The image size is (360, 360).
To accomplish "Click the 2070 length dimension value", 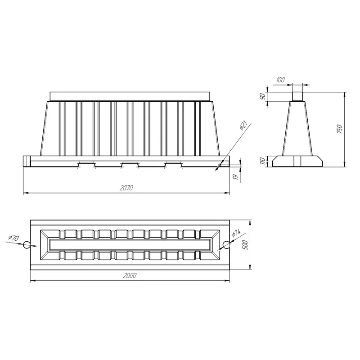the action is pyautogui.click(x=126, y=188).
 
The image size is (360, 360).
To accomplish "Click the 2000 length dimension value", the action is pyautogui.click(x=130, y=275).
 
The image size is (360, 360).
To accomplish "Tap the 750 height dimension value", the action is pyautogui.click(x=340, y=129).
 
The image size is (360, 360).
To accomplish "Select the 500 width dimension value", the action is pyautogui.click(x=245, y=245).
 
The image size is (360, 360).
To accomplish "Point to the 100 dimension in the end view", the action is pyautogui.click(x=280, y=80).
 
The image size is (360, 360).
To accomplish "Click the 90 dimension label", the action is pyautogui.click(x=262, y=96).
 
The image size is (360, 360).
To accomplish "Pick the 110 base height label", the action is pyautogui.click(x=262, y=161).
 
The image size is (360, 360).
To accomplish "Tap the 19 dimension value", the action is pyautogui.click(x=235, y=177).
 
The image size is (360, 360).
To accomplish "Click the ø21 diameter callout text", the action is pyautogui.click(x=243, y=125).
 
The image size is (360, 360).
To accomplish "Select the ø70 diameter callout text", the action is pyautogui.click(x=13, y=238).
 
